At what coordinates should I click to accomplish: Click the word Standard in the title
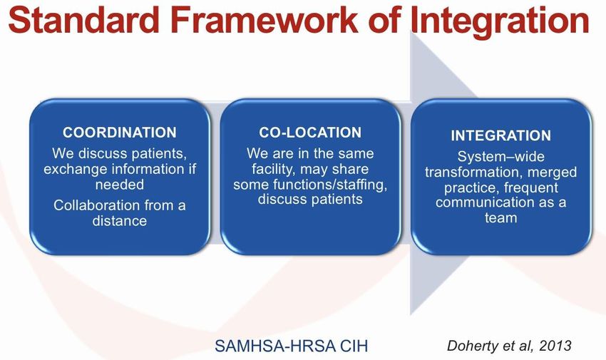pyautogui.click(x=84, y=19)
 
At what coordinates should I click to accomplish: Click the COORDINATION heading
pyautogui.click(x=120, y=133)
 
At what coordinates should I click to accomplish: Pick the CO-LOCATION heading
pyautogui.click(x=310, y=133)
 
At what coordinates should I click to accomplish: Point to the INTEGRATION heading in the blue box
pyautogui.click(x=501, y=135)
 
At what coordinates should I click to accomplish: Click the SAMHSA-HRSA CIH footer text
pyautogui.click(x=291, y=346)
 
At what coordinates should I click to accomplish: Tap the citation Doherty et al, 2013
pyautogui.click(x=509, y=345)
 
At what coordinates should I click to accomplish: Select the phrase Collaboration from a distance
pyautogui.click(x=120, y=213)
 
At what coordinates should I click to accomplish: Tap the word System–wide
pyautogui.click(x=501, y=157)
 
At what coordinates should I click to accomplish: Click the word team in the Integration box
pyautogui.click(x=501, y=218)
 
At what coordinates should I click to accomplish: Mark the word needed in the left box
pyautogui.click(x=120, y=184)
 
